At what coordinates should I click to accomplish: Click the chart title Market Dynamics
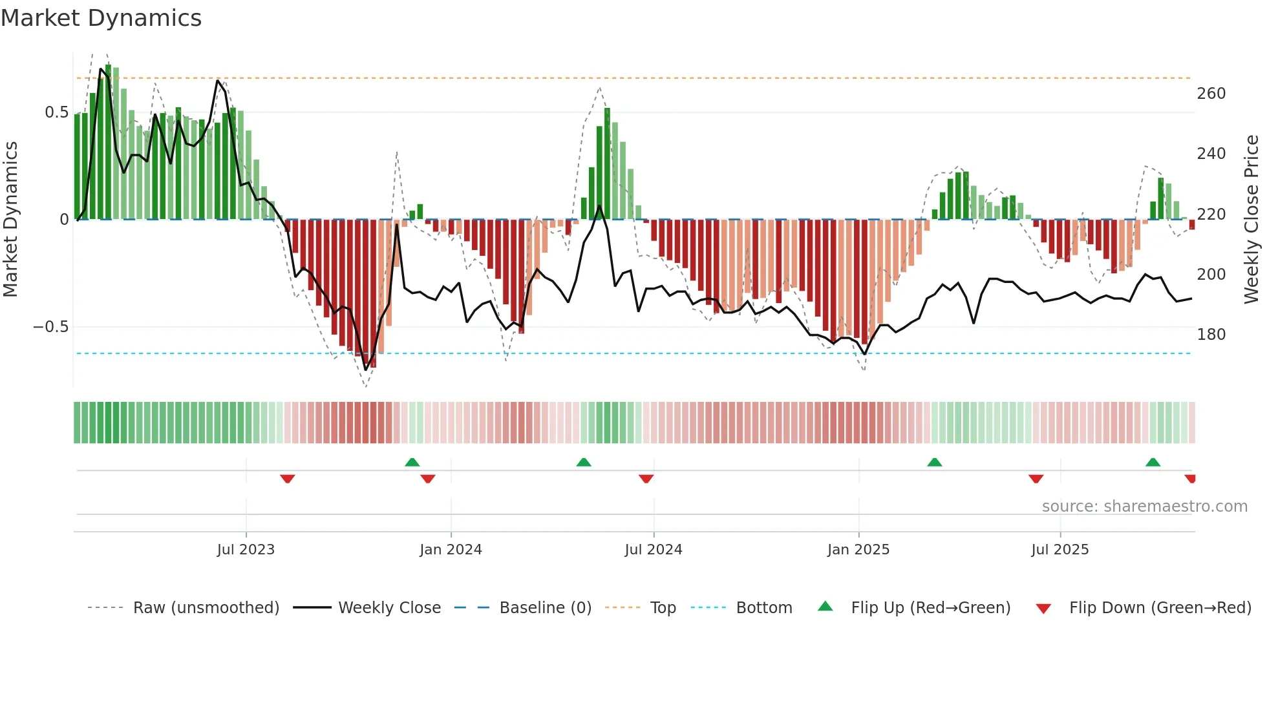click(x=101, y=18)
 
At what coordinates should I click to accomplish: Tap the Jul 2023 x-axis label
click(x=246, y=550)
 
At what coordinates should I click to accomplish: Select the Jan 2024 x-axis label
click(x=451, y=550)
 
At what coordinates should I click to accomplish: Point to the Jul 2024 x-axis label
click(x=654, y=550)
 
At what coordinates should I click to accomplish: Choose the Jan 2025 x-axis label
click(x=858, y=550)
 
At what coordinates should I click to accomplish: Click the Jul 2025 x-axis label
click(x=1060, y=550)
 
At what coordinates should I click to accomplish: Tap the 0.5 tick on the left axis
click(x=56, y=112)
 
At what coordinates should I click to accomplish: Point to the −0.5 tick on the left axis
click(x=51, y=327)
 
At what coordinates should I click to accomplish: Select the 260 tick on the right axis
click(x=1211, y=94)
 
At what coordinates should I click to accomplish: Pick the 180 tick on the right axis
click(x=1211, y=335)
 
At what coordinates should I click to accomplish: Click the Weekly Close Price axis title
click(x=1251, y=220)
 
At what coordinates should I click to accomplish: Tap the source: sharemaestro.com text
click(x=1144, y=507)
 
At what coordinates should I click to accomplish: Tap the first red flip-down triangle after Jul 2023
click(x=288, y=479)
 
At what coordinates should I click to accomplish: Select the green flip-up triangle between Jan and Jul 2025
click(x=934, y=462)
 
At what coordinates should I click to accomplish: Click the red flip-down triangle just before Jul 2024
click(x=646, y=479)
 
